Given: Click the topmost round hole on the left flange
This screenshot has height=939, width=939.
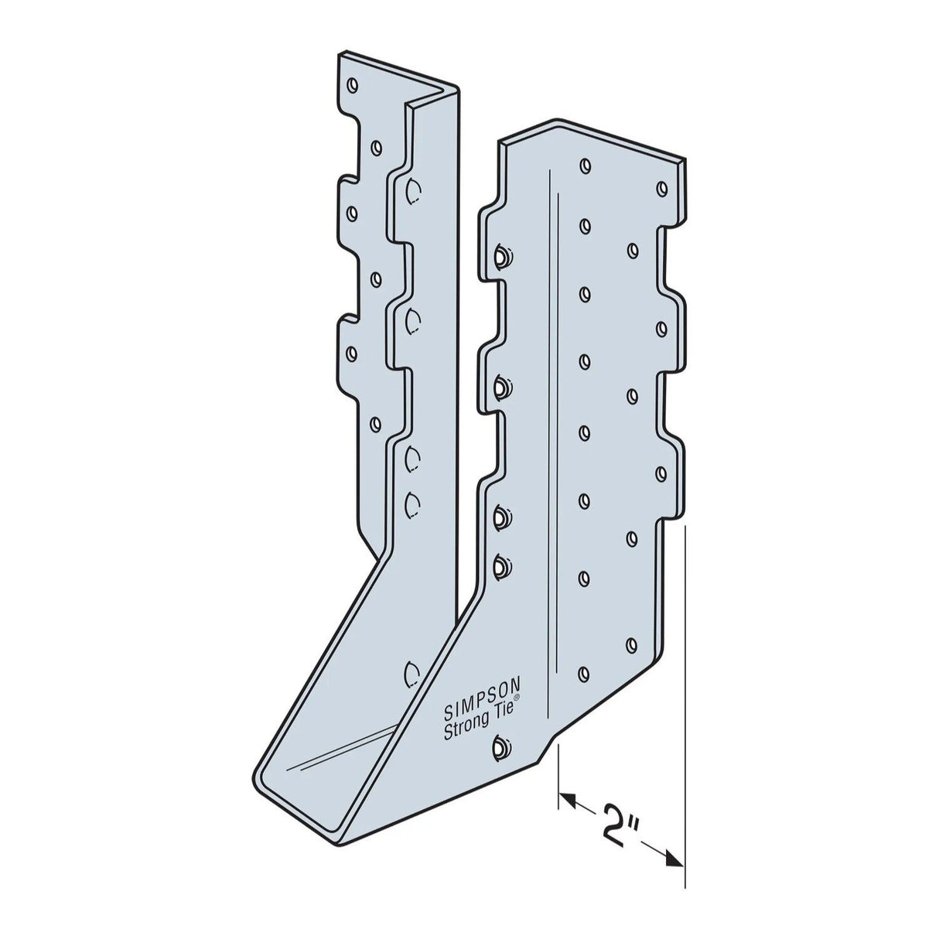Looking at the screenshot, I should pyautogui.click(x=353, y=84).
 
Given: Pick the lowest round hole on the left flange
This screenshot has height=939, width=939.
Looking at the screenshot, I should pyautogui.click(x=377, y=422).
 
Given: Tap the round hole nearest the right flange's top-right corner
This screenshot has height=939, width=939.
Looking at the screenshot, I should pyautogui.click(x=661, y=186).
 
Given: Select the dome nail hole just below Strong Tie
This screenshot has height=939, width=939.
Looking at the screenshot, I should pyautogui.click(x=499, y=747).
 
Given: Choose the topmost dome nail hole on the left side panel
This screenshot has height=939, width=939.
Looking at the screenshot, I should pyautogui.click(x=412, y=188).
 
